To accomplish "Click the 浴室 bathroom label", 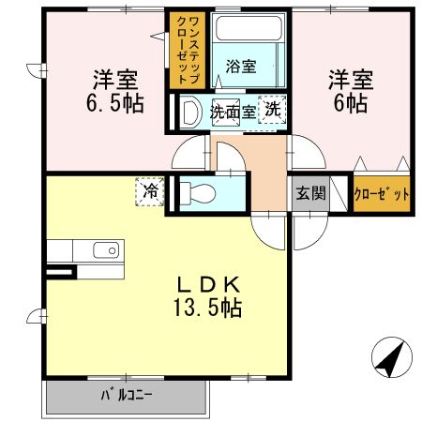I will pos(241,66).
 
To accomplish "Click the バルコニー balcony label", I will pos(126,395).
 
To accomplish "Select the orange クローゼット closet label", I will pos(382,195).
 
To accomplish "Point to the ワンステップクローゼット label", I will pos(181,49).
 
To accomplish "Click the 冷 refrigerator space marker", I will pos(150,191).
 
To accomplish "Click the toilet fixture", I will pos(199,194).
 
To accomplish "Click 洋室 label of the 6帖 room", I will pos(350,79).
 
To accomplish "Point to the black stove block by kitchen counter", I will pos(59,273).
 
